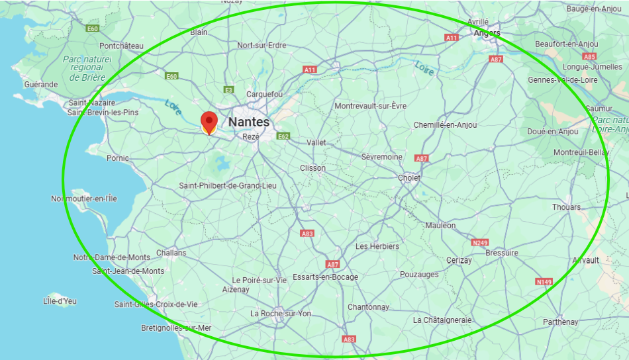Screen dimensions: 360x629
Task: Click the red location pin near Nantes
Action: click(x=209, y=122)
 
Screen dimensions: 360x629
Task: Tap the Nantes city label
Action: click(x=248, y=122)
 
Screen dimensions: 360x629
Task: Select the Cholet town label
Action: click(x=409, y=178)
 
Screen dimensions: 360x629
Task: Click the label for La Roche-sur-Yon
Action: click(x=281, y=314)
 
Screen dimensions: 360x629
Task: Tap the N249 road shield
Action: click(x=480, y=243)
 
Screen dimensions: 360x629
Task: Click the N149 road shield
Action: click(x=544, y=282)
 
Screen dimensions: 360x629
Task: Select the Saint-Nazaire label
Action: click(x=92, y=103)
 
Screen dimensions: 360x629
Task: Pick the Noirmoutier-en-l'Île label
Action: click(x=84, y=199)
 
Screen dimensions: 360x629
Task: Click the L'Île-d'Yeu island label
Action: click(x=60, y=301)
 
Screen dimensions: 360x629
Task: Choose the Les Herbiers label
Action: click(x=377, y=246)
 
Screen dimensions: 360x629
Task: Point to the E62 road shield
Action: click(x=283, y=136)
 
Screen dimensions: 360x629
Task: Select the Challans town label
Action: click(x=171, y=253)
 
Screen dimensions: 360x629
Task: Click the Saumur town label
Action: click(x=599, y=109)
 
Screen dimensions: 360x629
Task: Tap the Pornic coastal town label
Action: click(x=118, y=158)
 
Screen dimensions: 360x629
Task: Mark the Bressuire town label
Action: click(x=501, y=253)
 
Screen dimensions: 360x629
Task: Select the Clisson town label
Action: click(x=313, y=168)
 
